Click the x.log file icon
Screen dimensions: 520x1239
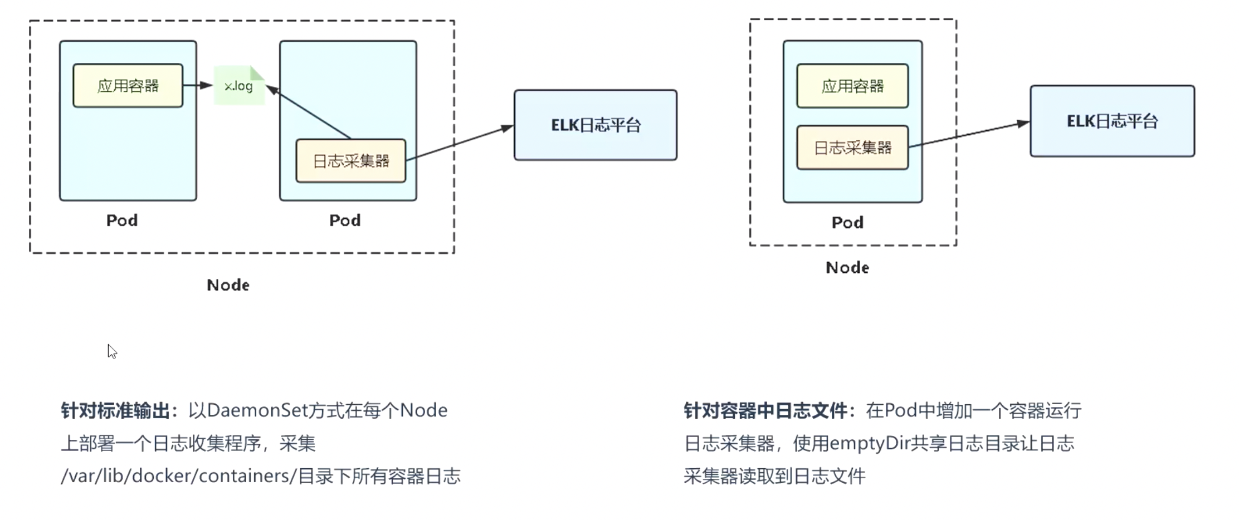(238, 86)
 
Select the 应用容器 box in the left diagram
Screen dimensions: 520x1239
(128, 86)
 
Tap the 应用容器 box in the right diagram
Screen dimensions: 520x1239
(852, 86)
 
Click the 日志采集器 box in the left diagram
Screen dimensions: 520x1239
(351, 161)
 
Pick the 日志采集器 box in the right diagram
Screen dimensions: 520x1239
(852, 148)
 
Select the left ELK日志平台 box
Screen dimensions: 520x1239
(596, 125)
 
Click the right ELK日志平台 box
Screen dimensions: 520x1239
(1112, 121)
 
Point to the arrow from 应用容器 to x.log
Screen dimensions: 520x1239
(198, 85)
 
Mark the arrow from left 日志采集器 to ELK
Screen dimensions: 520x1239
(460, 144)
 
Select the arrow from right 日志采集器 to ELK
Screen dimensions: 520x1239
(969, 135)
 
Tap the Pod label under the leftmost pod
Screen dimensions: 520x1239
(122, 220)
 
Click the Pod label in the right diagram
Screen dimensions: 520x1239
(847, 223)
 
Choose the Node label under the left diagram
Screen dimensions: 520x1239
(228, 285)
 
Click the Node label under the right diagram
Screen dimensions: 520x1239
(847, 268)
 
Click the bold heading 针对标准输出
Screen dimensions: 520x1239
(115, 411)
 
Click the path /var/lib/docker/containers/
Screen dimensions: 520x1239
(178, 476)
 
